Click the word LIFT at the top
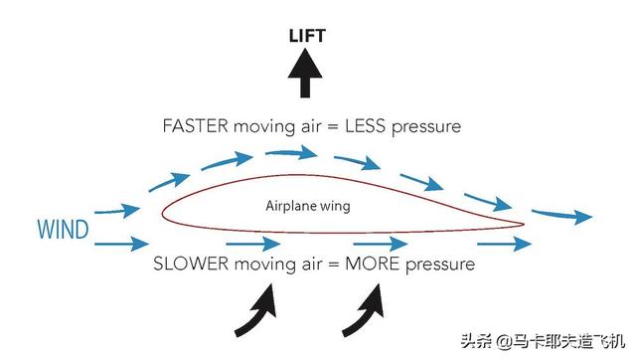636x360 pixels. tap(306, 37)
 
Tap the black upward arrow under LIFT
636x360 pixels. tap(306, 75)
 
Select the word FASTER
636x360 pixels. tap(196, 127)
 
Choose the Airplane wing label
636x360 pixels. tap(308, 206)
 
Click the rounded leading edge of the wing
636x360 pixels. tap(164, 216)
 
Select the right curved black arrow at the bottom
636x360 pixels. tap(366, 306)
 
